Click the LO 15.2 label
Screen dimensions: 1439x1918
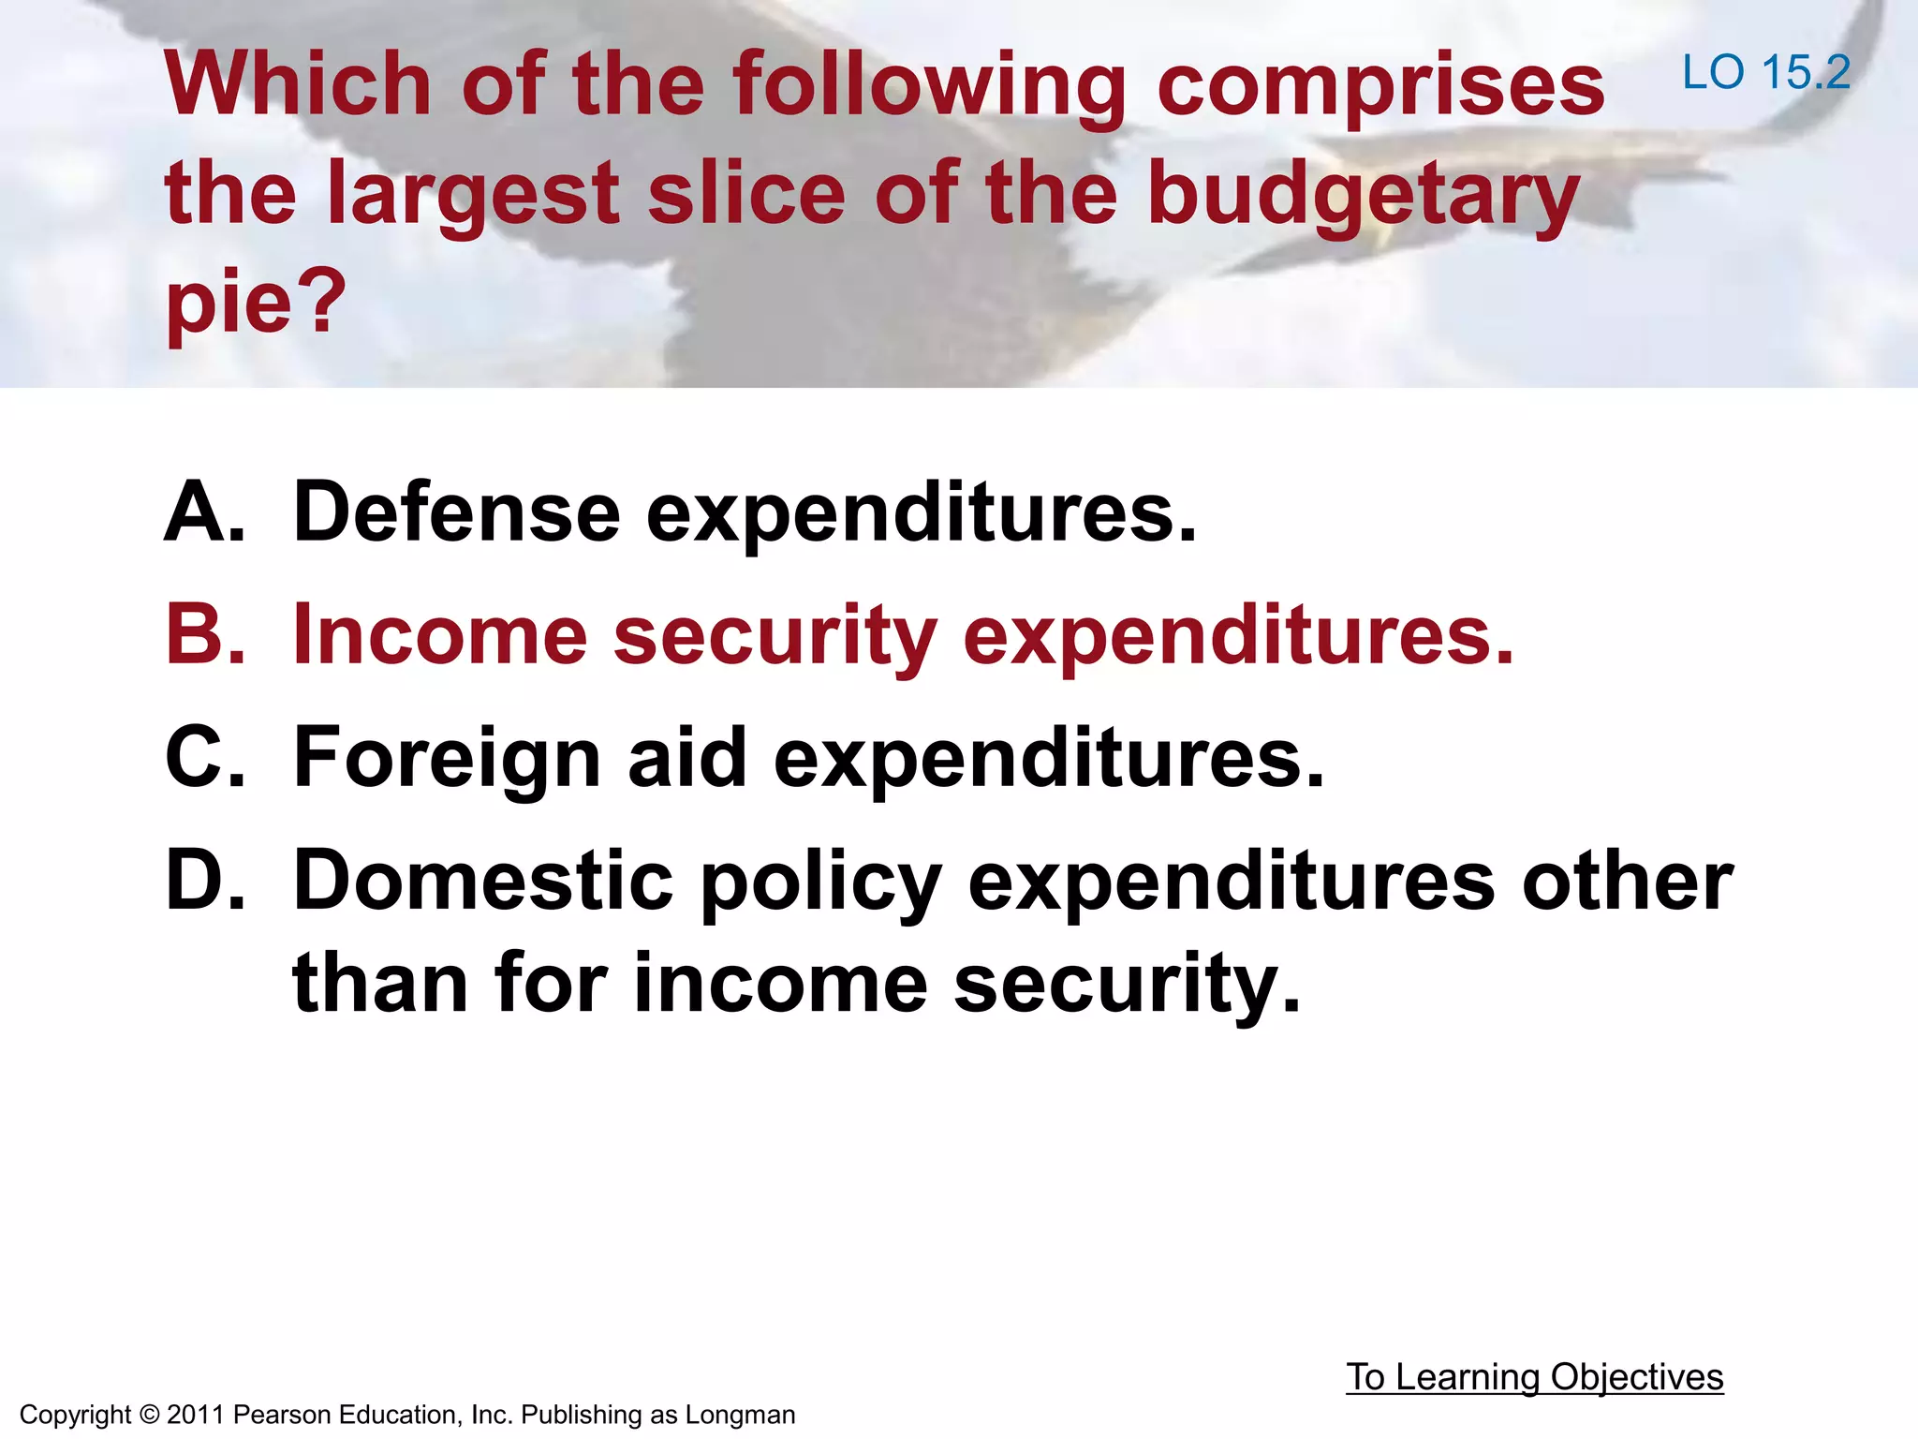1766,72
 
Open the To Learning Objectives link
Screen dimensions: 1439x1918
1534,1377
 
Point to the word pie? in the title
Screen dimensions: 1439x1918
256,302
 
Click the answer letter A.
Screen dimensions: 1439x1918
204,512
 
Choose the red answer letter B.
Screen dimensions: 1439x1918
204,634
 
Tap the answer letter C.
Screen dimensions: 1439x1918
204,757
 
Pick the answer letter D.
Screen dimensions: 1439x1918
204,880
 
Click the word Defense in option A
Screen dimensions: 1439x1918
457,512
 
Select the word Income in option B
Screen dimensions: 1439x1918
440,634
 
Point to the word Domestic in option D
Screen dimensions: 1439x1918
483,880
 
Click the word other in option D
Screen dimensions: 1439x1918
1628,880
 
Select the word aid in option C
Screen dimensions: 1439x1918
687,757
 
